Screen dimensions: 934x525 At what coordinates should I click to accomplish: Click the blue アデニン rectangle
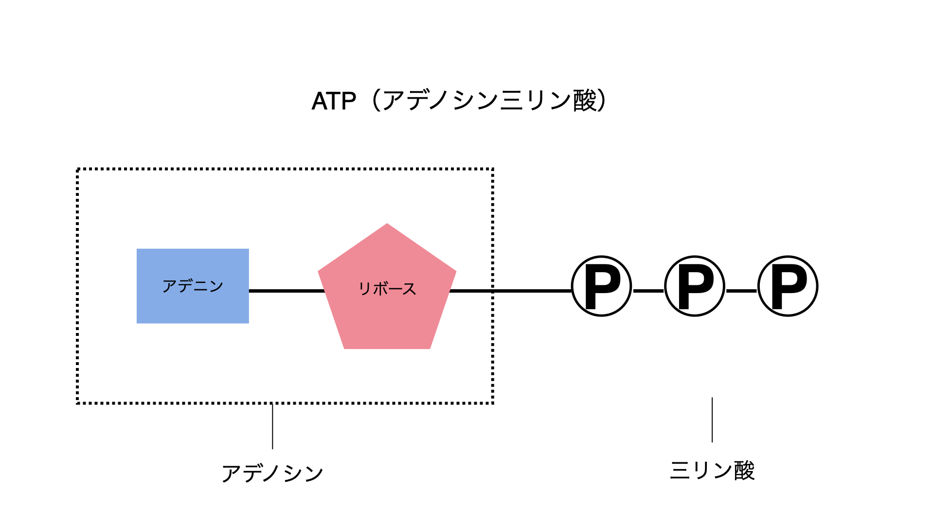193,286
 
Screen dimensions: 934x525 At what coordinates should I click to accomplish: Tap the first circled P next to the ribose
602,286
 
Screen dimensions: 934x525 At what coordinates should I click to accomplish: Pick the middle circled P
695,286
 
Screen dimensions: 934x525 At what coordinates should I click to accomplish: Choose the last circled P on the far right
788,286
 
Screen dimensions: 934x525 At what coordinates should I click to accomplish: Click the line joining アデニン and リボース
287,291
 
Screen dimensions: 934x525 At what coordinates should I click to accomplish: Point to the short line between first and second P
648,291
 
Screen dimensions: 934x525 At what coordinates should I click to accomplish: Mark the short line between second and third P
741,291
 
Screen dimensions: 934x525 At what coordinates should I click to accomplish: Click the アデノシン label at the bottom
272,473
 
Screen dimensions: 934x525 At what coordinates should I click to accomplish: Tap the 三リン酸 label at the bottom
712,470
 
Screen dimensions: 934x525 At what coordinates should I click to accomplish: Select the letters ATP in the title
334,101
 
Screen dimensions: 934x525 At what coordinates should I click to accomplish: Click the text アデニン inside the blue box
193,286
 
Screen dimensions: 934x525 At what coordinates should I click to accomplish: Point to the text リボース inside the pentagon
387,288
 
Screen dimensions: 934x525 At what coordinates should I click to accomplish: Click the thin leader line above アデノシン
272,426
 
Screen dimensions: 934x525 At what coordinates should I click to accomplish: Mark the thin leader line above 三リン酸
712,420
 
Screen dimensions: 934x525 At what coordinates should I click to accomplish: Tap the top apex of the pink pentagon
387,224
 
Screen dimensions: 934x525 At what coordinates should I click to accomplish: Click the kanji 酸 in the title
585,101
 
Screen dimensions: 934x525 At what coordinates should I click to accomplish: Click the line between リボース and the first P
511,291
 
